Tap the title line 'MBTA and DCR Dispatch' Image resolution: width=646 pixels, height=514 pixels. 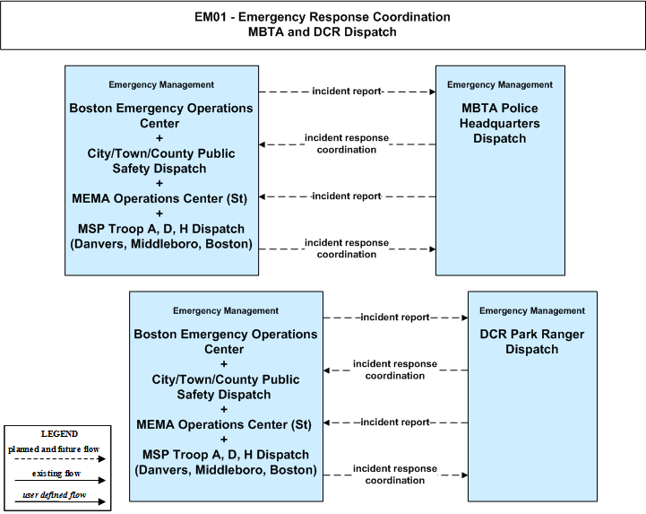[x=323, y=31]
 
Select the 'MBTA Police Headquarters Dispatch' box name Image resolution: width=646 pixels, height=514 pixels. [x=500, y=123]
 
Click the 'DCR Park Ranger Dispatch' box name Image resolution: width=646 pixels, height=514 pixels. [x=532, y=342]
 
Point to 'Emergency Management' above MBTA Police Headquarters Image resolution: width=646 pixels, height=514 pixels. [x=500, y=84]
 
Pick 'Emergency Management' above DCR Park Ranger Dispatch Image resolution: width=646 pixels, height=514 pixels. [x=532, y=310]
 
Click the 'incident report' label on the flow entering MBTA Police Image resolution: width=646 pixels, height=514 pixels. [x=347, y=91]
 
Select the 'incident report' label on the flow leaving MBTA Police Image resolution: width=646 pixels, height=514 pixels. [x=347, y=196]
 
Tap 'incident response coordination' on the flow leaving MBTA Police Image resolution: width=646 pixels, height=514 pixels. [x=347, y=144]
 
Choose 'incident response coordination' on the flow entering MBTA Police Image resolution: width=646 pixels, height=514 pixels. [x=347, y=248]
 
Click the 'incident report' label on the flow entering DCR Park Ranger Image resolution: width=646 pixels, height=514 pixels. [x=395, y=318]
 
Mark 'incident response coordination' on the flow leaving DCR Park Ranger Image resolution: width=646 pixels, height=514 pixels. [x=395, y=370]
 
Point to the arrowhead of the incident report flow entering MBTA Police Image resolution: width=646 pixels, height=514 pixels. [x=433, y=91]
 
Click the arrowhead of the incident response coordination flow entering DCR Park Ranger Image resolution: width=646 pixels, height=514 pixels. [x=465, y=475]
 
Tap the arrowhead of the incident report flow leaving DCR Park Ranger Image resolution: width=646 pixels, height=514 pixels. [x=327, y=423]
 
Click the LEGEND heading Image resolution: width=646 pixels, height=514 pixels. [x=59, y=433]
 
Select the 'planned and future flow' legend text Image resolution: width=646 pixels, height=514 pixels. [x=54, y=449]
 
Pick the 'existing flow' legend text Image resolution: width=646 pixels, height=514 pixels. [x=56, y=474]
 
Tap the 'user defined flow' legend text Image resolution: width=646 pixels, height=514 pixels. [x=55, y=494]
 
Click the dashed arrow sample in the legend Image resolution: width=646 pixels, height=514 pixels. [x=60, y=458]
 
